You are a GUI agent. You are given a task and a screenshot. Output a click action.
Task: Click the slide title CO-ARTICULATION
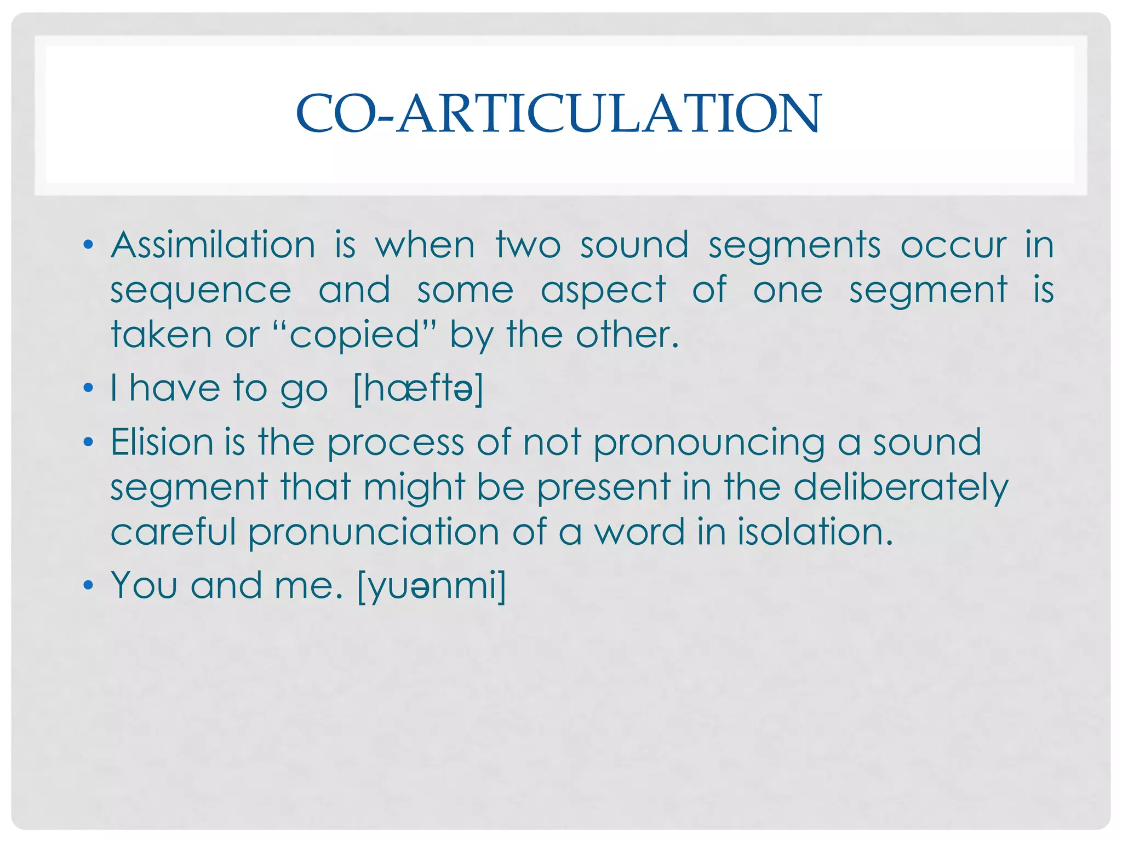point(558,113)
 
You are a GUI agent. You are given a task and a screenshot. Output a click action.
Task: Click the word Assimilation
point(213,245)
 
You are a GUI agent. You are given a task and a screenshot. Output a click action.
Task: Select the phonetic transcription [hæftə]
point(419,389)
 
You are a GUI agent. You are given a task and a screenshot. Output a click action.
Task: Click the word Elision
point(162,442)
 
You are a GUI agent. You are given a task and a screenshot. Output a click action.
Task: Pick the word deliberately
point(901,487)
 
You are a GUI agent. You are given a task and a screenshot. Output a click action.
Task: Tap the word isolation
point(815,532)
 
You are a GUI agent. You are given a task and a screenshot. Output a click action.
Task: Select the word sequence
point(201,290)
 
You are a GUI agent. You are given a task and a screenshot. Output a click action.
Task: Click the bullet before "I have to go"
point(88,389)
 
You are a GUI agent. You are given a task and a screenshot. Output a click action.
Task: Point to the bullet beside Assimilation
point(88,245)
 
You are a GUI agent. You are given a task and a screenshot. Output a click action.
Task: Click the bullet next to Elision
point(88,442)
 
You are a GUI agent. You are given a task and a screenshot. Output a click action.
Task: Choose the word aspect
point(603,290)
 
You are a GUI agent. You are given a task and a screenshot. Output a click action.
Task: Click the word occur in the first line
point(953,245)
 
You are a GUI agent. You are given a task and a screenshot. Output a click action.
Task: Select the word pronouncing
point(709,443)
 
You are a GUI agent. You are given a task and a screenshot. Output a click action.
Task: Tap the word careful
point(173,532)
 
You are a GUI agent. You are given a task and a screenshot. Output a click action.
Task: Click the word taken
point(161,335)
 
